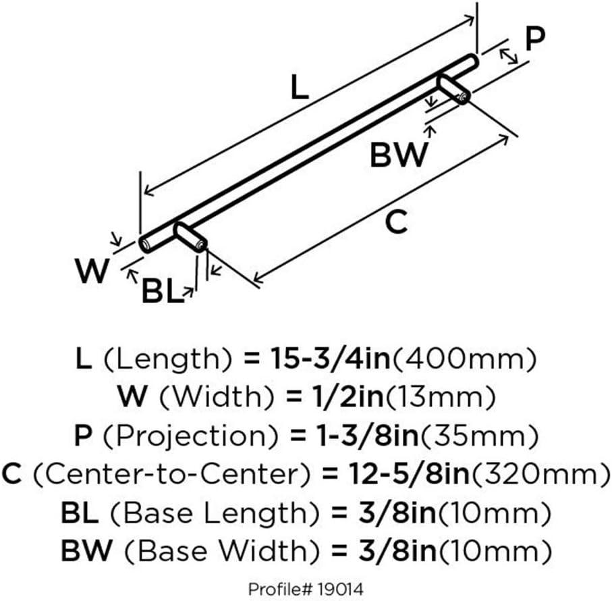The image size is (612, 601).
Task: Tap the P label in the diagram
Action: pyautogui.click(x=534, y=40)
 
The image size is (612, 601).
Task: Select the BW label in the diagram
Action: pyautogui.click(x=399, y=155)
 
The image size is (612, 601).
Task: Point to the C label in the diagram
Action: pyautogui.click(x=398, y=221)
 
